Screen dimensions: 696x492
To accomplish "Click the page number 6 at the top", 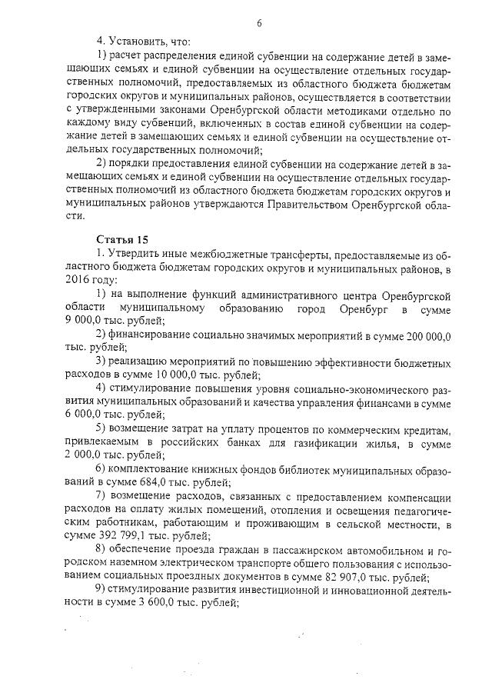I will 259,22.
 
